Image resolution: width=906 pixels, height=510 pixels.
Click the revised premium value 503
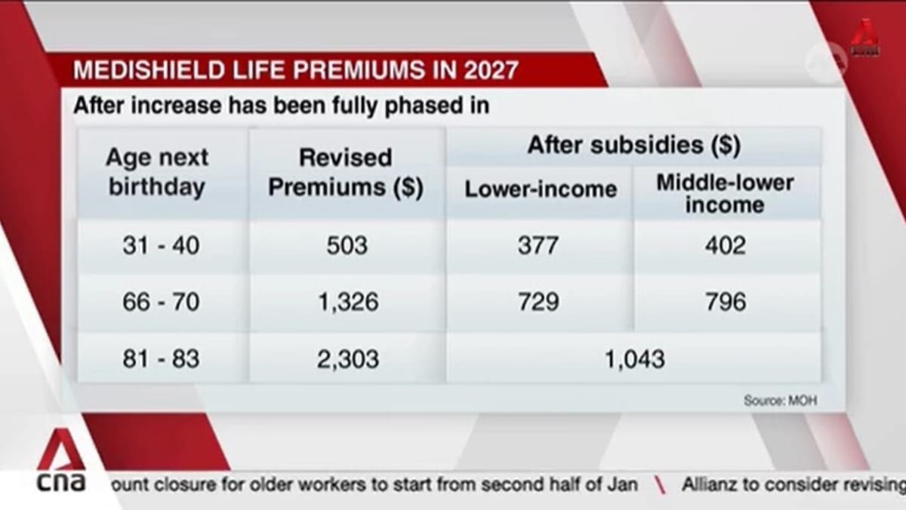point(347,246)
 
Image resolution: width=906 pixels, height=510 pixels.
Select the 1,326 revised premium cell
point(347,302)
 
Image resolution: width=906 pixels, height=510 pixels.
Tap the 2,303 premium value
point(347,359)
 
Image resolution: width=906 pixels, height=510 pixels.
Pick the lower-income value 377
point(538,246)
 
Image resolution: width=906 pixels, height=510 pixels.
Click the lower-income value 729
point(538,302)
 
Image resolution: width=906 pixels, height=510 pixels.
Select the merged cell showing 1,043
point(634,359)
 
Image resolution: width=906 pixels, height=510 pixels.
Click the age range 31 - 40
point(161,246)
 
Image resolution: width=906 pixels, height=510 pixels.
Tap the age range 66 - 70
point(161,302)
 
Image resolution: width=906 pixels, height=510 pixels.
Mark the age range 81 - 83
point(161,359)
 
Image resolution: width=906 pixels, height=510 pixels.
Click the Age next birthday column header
point(157,173)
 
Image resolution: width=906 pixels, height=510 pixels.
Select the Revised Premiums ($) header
point(346,173)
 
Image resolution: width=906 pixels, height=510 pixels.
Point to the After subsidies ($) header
point(633,146)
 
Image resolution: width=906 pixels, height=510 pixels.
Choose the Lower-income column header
point(541,189)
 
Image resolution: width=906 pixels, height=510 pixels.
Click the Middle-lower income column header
point(725,193)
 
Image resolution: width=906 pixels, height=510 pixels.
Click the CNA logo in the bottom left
point(61,462)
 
